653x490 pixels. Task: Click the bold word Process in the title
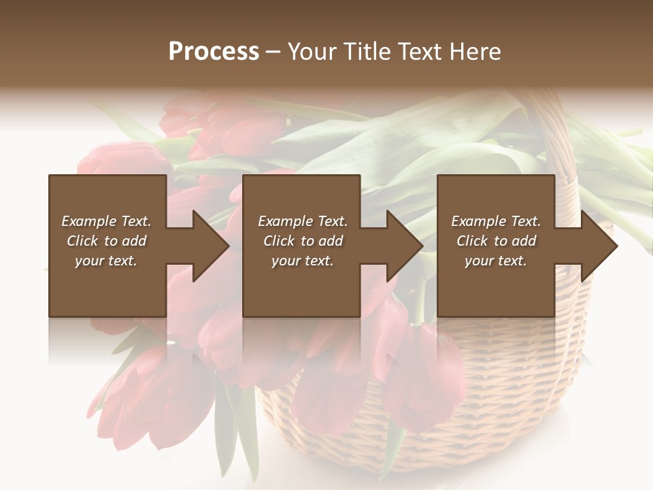click(x=214, y=52)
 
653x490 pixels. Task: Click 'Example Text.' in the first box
click(x=106, y=221)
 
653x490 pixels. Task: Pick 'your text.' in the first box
click(x=106, y=261)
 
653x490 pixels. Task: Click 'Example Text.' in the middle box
click(x=303, y=221)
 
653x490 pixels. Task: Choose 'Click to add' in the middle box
click(x=303, y=241)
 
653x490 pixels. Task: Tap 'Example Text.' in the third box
click(x=496, y=221)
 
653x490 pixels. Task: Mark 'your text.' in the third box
click(x=496, y=261)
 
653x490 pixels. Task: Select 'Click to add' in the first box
click(x=106, y=241)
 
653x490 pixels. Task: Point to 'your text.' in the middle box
click(x=303, y=261)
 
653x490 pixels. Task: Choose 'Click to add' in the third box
click(x=496, y=241)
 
